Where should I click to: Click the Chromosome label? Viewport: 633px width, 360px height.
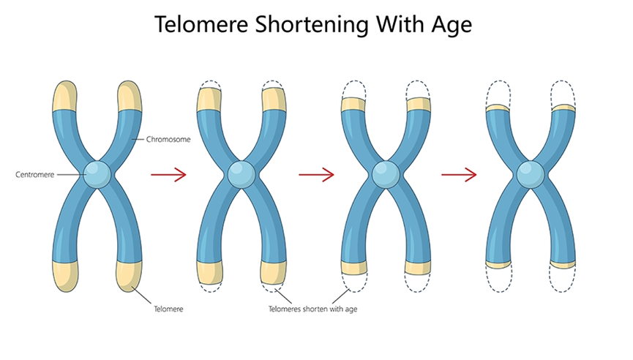pyautogui.click(x=169, y=139)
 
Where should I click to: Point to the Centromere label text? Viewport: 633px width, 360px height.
pyautogui.click(x=33, y=175)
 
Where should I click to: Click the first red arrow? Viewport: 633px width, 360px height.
pyautogui.click(x=168, y=175)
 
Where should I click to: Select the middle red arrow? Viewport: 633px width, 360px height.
pyautogui.click(x=316, y=175)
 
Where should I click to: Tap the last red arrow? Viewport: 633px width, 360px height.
pyautogui.click(x=459, y=175)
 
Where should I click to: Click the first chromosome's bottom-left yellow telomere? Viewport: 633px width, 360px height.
pyautogui.click(x=66, y=275)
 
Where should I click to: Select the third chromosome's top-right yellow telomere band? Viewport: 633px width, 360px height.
pyautogui.click(x=419, y=104)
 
